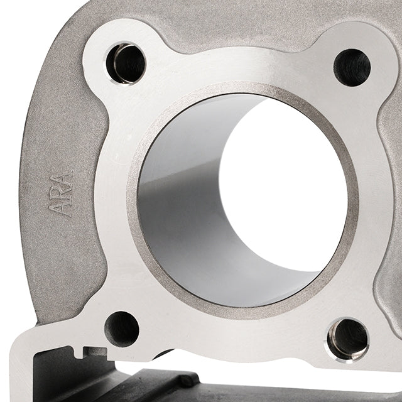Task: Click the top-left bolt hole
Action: [x=126, y=63]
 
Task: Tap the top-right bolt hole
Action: [x=352, y=67]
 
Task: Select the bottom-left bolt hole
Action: [x=122, y=328]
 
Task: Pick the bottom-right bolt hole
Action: [x=347, y=338]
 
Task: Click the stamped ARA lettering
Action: [x=62, y=193]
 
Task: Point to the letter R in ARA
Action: [x=62, y=193]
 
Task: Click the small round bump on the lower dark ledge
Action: [x=186, y=380]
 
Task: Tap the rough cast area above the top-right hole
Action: [x=352, y=19]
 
